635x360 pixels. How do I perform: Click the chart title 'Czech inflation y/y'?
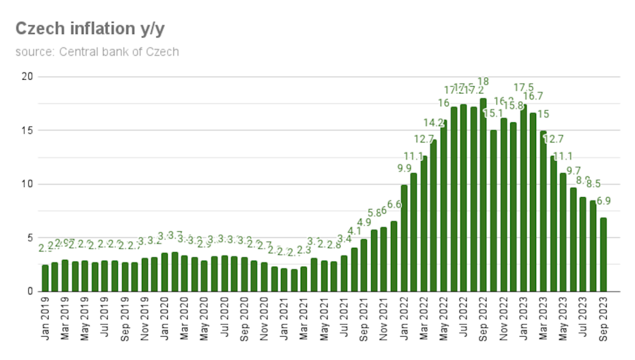click(90, 29)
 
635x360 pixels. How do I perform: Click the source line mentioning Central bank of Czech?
click(97, 52)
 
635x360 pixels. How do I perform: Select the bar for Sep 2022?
click(483, 195)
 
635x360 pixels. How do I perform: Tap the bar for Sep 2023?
click(603, 254)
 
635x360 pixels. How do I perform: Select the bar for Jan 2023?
click(524, 198)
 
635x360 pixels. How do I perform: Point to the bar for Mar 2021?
click(304, 279)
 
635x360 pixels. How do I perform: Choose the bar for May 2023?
click(563, 232)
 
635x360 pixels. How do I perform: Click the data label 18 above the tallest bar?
click(483, 81)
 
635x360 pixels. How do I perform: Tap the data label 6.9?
click(604, 201)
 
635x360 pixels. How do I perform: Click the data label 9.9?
click(404, 168)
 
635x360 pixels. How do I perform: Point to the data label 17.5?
click(524, 88)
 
